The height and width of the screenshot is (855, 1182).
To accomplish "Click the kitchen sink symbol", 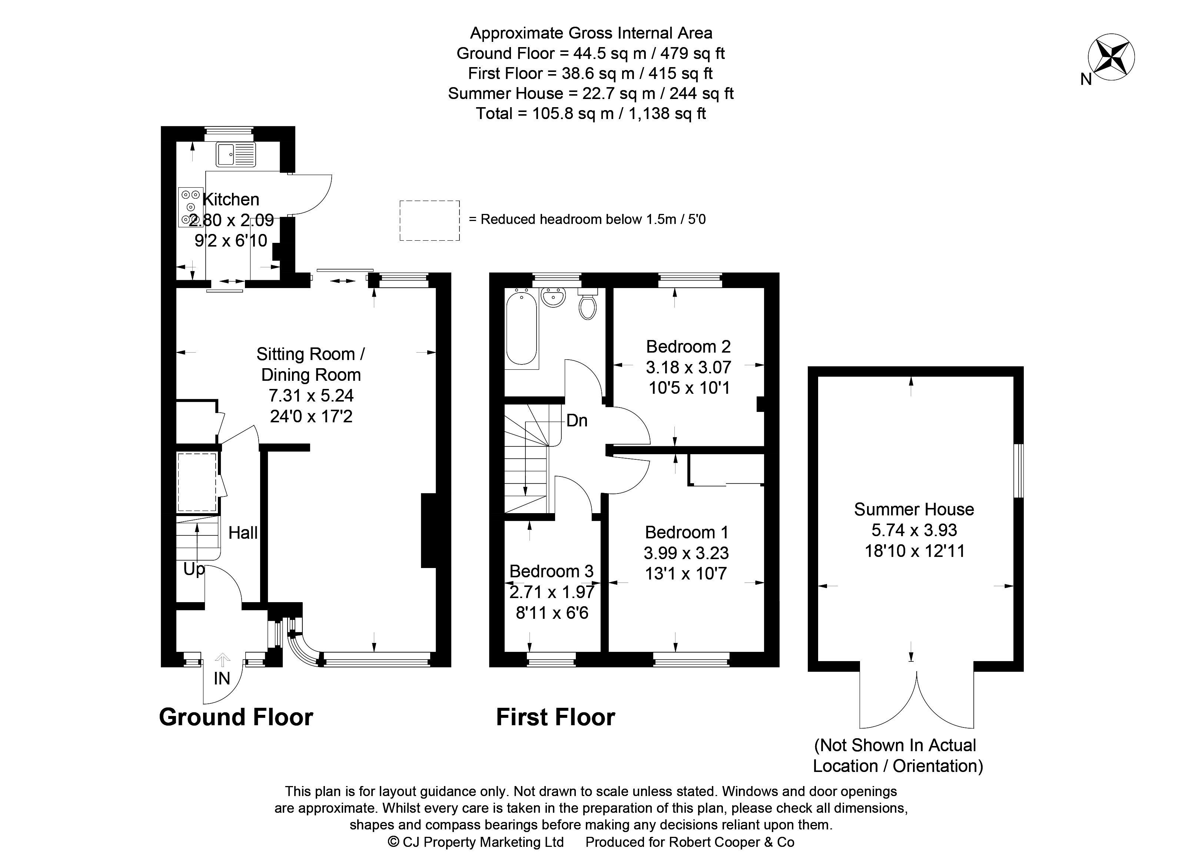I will click(x=236, y=154).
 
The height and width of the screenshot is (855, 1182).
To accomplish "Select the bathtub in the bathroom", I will click(x=521, y=329).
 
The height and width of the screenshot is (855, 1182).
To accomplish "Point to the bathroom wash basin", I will click(x=552, y=298).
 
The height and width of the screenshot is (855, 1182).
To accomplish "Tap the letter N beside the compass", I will click(x=1086, y=80).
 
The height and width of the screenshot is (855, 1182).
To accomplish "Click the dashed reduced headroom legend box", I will click(x=429, y=221).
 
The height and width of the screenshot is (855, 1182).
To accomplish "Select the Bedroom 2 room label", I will click(x=688, y=347).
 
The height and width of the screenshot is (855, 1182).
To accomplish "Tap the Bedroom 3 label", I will click(x=551, y=571).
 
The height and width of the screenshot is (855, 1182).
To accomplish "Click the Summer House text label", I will click(x=914, y=509).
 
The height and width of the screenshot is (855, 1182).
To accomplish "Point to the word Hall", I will click(x=243, y=533).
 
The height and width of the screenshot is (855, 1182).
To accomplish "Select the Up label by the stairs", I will click(x=193, y=569).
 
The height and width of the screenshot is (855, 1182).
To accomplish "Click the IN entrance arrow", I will click(x=223, y=661).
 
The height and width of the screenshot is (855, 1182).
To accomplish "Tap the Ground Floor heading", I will click(x=236, y=717).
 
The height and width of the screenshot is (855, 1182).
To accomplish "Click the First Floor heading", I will click(x=555, y=717).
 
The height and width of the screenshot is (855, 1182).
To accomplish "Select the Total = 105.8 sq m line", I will click(x=591, y=114).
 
